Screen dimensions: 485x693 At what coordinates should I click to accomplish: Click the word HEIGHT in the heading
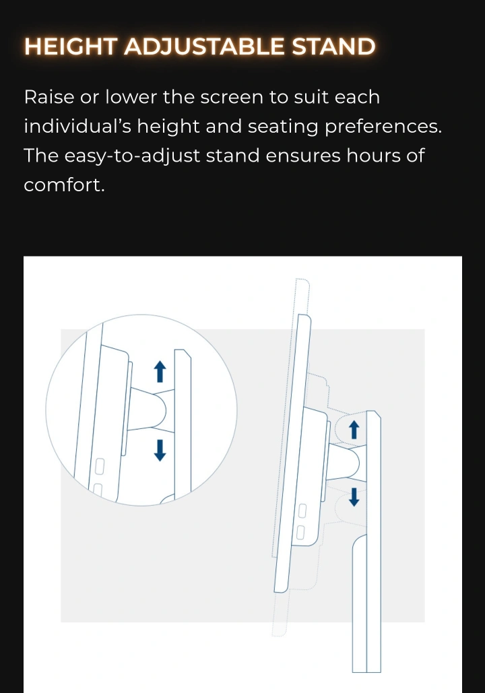[71, 46]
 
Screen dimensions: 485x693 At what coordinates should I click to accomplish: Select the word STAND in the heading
[334, 46]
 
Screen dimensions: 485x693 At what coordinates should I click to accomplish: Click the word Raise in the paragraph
[49, 97]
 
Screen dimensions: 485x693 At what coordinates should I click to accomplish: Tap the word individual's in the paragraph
[77, 127]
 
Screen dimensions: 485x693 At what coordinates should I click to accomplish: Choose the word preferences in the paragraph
[382, 127]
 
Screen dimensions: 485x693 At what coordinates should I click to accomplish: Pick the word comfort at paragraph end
[63, 185]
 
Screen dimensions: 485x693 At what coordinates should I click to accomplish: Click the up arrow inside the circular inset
[160, 371]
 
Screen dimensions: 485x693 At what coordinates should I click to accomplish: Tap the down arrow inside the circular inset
[160, 450]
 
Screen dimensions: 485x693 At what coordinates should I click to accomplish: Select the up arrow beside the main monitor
[354, 430]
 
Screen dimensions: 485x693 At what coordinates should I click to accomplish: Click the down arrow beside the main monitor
[354, 496]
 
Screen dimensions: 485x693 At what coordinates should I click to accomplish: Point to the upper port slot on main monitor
[302, 511]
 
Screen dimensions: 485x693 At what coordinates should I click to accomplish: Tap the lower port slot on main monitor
[300, 533]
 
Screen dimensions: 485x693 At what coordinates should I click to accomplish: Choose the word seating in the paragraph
[283, 127]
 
